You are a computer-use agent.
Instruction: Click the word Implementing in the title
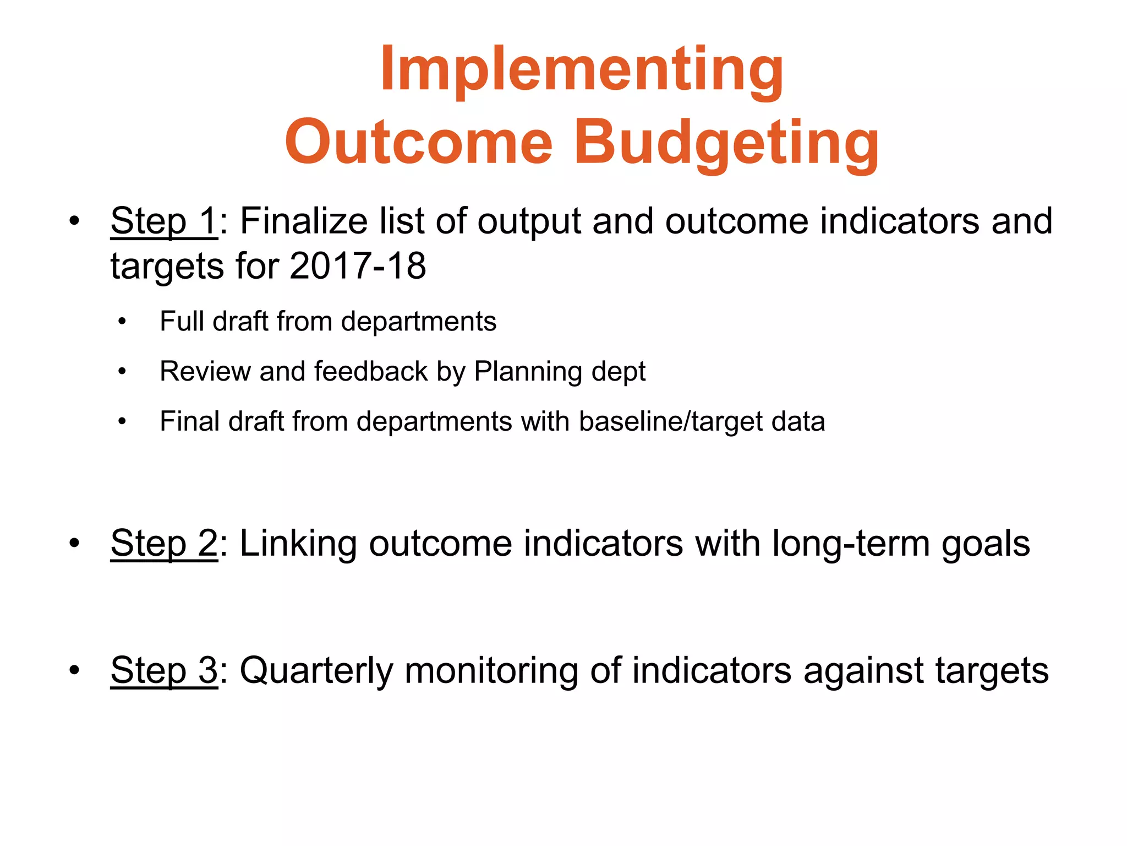582,70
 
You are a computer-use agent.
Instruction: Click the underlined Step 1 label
164,221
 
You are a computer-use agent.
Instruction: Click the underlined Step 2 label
164,544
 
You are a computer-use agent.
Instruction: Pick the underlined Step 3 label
164,671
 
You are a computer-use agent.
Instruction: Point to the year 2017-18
358,267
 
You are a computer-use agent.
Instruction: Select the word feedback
371,371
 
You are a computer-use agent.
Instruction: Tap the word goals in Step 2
986,545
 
